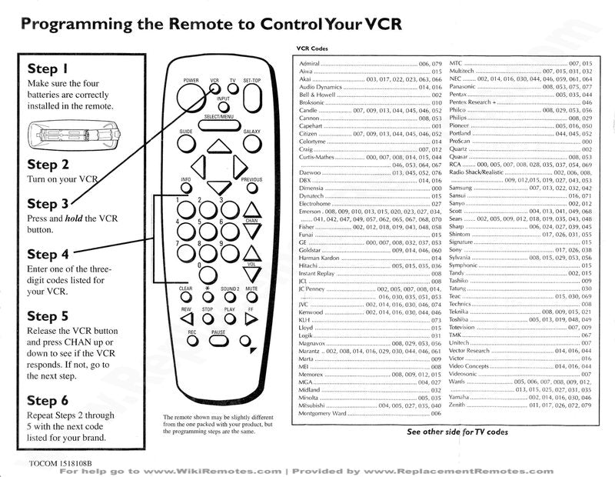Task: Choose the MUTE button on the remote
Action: coord(251,299)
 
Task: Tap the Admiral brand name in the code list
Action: coord(310,62)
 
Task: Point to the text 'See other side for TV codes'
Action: coord(457,432)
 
